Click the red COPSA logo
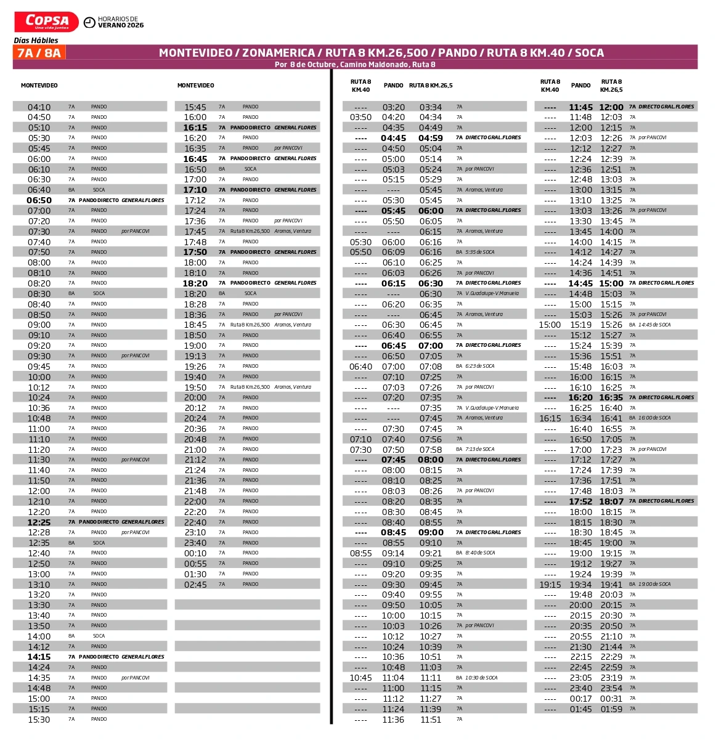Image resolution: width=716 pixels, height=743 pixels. [x=46, y=22]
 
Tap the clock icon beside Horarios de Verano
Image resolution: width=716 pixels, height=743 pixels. [x=89, y=23]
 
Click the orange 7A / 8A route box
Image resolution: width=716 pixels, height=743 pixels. [x=39, y=53]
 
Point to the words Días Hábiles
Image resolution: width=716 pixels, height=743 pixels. [x=36, y=40]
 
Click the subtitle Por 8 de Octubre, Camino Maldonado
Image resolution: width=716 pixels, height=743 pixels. [x=355, y=65]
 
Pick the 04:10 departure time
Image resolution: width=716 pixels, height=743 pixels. [x=39, y=107]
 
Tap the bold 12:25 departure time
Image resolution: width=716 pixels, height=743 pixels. [x=39, y=522]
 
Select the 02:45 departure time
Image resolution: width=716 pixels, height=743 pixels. [x=195, y=585]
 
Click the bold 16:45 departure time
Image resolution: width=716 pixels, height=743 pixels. [x=195, y=159]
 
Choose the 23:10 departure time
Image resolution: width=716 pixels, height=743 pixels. [x=195, y=532]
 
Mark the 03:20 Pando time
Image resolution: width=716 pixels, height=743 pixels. [x=393, y=107]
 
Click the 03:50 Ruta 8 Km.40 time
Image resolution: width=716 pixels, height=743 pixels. [x=360, y=117]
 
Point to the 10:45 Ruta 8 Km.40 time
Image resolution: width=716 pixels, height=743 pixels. [x=360, y=678]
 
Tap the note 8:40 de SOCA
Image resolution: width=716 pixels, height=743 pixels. [x=480, y=553]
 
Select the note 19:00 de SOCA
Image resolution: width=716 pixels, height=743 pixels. [x=654, y=584]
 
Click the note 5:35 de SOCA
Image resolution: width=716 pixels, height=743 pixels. [x=480, y=252]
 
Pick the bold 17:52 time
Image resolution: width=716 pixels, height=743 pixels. [x=580, y=501]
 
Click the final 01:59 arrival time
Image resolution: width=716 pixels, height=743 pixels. [x=611, y=709]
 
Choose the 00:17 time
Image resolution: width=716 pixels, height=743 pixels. [x=580, y=699]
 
